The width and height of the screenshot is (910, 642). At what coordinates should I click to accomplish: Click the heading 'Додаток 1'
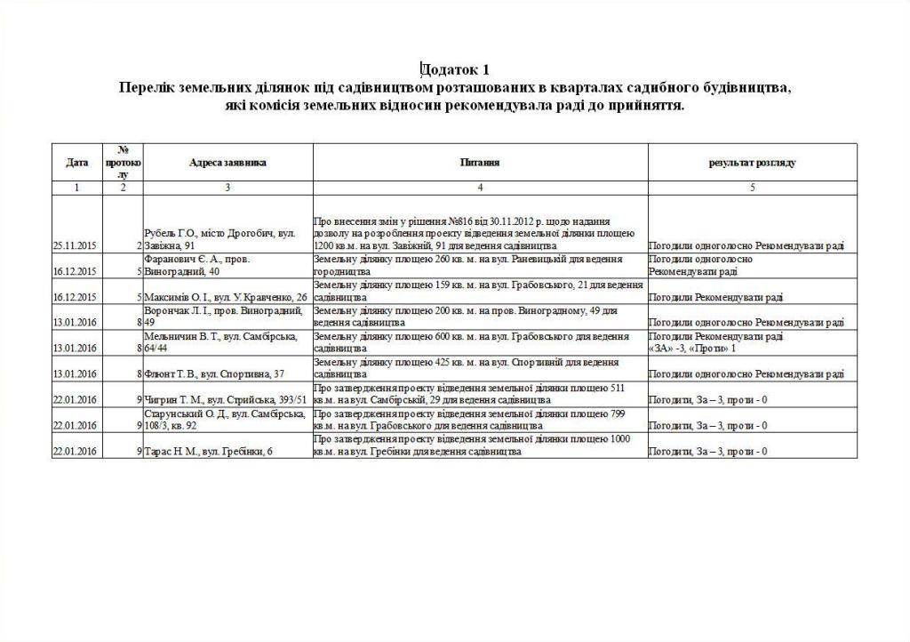click(x=455, y=69)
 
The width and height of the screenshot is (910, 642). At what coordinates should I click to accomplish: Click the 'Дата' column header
click(x=77, y=163)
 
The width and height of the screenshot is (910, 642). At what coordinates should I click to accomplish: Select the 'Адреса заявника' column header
click(x=227, y=163)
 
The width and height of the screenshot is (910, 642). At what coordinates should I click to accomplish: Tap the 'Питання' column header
click(x=480, y=163)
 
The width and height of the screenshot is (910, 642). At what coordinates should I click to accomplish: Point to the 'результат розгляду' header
click(x=752, y=164)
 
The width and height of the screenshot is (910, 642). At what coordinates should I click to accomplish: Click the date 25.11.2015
click(x=77, y=245)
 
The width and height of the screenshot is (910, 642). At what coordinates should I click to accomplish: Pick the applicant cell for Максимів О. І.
click(x=226, y=297)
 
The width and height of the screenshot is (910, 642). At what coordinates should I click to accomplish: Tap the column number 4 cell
click(x=480, y=188)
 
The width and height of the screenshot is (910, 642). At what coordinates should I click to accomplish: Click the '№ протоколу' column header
click(x=123, y=163)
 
